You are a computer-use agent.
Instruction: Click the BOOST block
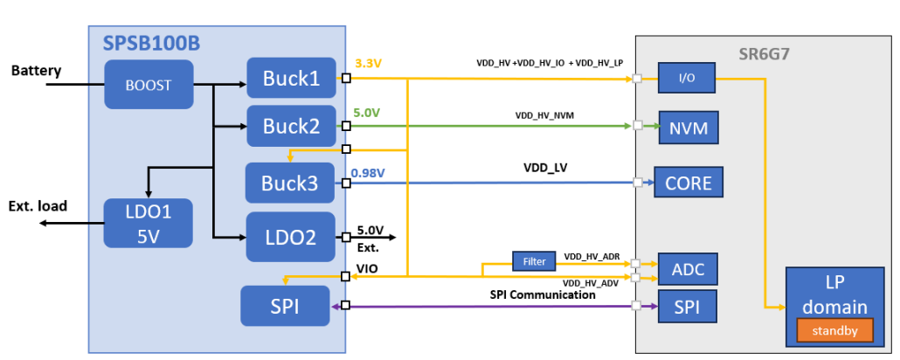(149, 85)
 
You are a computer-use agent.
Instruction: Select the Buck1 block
(290, 79)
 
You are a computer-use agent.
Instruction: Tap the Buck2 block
(290, 126)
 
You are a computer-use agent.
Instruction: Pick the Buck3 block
(290, 183)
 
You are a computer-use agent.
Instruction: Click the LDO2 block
(290, 236)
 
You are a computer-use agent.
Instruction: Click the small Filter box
(534, 260)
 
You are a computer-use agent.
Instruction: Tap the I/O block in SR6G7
(687, 79)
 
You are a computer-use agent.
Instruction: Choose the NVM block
(689, 128)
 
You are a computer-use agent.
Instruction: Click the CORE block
(689, 183)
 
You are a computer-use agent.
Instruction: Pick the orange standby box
(834, 330)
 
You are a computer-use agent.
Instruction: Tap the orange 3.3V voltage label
(368, 64)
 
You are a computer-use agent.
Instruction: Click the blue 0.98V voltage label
(370, 171)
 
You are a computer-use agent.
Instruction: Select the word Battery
(36, 71)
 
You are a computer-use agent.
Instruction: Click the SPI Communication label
(542, 294)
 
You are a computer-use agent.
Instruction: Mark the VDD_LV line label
(545, 168)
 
